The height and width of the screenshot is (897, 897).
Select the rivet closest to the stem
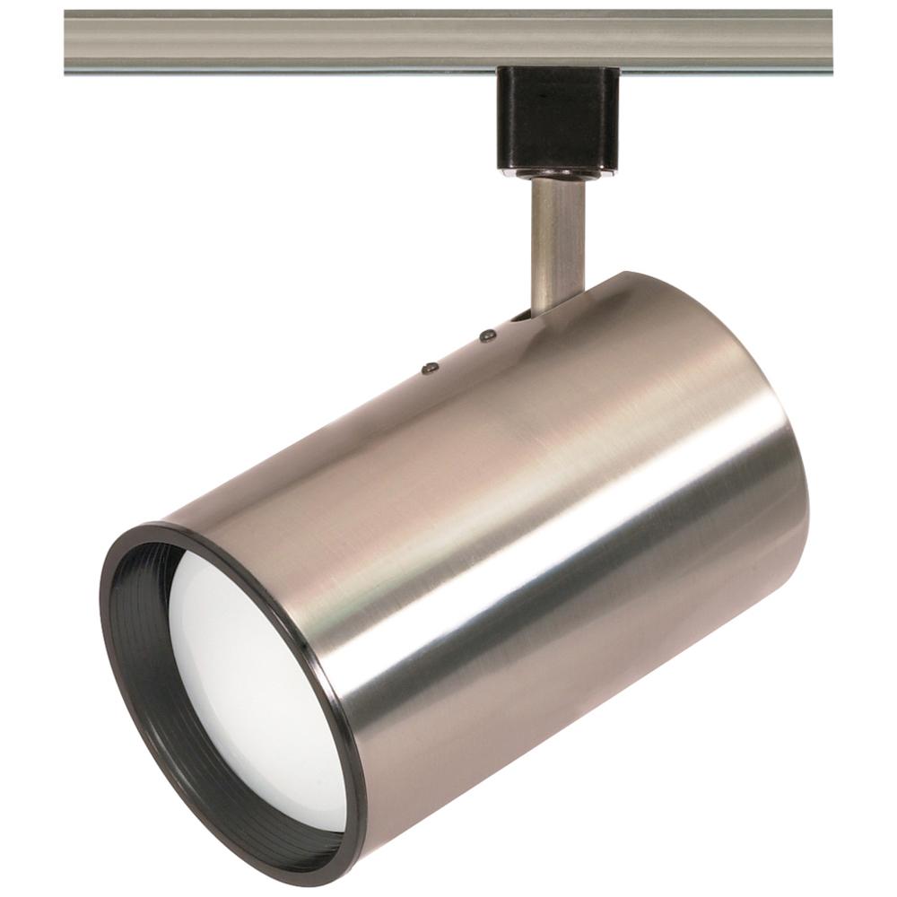[488, 335]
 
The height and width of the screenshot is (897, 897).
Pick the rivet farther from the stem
[430, 366]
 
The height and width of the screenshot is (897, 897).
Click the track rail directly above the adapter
[557, 40]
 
